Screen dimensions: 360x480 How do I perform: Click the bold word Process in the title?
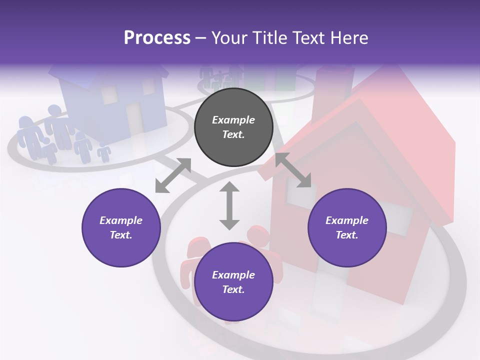pyautogui.click(x=157, y=38)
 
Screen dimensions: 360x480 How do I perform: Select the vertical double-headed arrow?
pyautogui.click(x=229, y=206)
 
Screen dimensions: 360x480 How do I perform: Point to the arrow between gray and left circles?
pyautogui.click(x=173, y=175)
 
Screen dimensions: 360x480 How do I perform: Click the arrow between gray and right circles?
pyautogui.click(x=293, y=170)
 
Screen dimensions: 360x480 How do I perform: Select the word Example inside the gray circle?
pyautogui.click(x=233, y=120)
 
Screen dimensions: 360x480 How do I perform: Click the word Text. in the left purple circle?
pyautogui.click(x=121, y=235)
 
